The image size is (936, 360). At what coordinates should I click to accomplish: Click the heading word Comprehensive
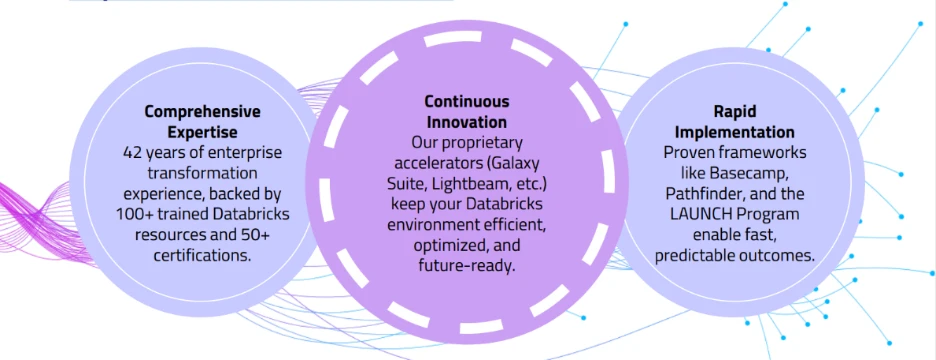tap(203, 112)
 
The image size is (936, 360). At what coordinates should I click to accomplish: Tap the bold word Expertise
tap(202, 132)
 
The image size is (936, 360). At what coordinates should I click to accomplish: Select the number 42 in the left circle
tap(133, 152)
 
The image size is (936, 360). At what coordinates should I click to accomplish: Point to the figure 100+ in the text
tap(134, 214)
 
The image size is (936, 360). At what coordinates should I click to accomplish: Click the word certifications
tap(202, 255)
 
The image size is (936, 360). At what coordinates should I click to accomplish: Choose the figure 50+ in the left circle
tap(255, 235)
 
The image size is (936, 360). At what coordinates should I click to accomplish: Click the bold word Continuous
tap(467, 101)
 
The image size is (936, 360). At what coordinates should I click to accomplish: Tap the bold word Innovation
tap(467, 122)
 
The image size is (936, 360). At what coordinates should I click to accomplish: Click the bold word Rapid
tap(734, 112)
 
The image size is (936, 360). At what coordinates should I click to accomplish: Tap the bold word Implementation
tap(734, 132)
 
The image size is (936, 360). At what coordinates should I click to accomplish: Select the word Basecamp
tap(753, 173)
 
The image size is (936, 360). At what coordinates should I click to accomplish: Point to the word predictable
tap(692, 256)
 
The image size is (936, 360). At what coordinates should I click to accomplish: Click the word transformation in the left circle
tap(202, 173)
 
